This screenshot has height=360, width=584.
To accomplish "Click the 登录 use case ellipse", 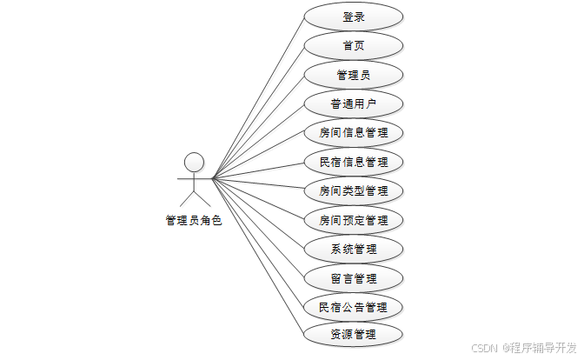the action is point(354,17).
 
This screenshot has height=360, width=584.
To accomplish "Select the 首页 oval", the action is point(354,46).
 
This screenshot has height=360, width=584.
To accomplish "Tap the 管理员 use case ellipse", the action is point(354,75).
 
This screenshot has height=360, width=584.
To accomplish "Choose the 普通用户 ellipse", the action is point(354,104).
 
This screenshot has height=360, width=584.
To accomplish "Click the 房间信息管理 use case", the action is point(354,133).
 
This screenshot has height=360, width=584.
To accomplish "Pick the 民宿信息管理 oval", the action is point(354,162).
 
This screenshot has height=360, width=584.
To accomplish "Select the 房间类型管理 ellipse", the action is point(354,190).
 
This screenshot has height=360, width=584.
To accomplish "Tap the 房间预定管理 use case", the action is point(354,220).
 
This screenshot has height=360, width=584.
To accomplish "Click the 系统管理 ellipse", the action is point(354,249).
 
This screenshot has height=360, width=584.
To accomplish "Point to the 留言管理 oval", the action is point(354,278).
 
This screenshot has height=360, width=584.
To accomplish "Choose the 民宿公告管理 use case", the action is point(354,307).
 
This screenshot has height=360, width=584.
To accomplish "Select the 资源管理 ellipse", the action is point(354,334).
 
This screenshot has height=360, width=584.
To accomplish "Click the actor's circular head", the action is point(194,162).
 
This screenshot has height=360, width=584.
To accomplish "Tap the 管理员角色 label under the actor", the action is point(194,221).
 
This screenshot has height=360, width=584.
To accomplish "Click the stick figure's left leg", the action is point(186,202).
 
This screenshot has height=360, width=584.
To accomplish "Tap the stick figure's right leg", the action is point(202,202).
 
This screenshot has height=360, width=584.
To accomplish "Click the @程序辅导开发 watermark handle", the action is point(532,347).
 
